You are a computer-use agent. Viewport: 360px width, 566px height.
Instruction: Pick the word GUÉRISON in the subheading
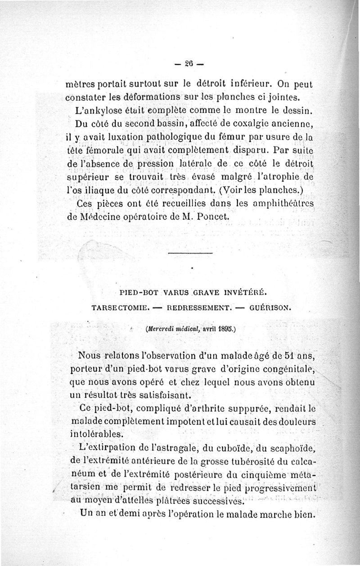(x=269, y=309)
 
